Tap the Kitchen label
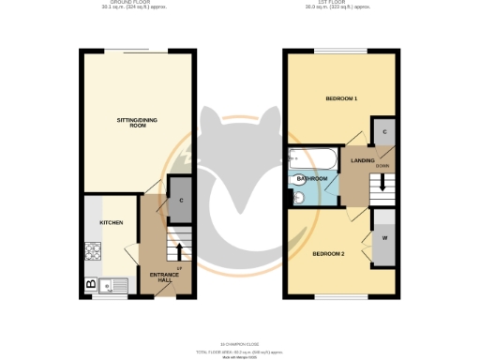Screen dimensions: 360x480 (x=112, y=222)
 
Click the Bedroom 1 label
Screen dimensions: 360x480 (x=341, y=98)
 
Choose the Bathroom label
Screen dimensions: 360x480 (x=311, y=178)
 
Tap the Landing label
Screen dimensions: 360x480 (x=363, y=160)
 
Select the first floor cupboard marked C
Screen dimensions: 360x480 (x=384, y=132)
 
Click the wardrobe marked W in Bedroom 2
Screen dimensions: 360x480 (x=385, y=237)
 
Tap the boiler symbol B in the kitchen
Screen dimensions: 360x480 (x=91, y=283)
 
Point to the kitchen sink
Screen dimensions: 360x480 (x=112, y=283)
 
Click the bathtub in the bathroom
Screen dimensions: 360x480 (x=307, y=158)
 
